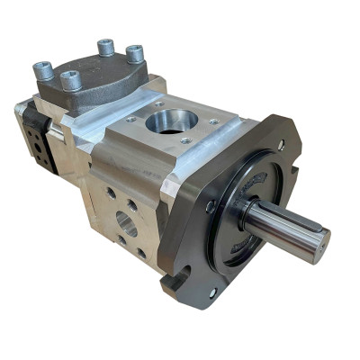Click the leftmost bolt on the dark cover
click(x=44, y=68)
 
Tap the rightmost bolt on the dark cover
click(x=134, y=52)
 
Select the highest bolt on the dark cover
click(x=105, y=45)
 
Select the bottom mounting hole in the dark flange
click(x=213, y=292)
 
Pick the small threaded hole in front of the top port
click(x=184, y=140)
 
